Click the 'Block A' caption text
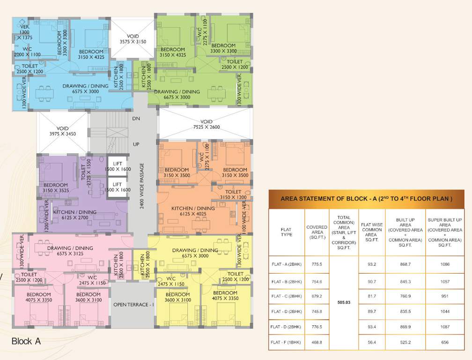coord(26,341)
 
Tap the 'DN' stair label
coord(136,119)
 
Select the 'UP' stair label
coord(136,144)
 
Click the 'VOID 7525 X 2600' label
coord(206,125)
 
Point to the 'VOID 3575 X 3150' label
coord(133,39)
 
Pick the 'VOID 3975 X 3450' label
coord(62,131)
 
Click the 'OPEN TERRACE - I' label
coord(133,305)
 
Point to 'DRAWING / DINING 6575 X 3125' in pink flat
coord(70,251)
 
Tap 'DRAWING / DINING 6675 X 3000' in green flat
coord(177,94)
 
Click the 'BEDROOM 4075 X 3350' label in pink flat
coord(33,297)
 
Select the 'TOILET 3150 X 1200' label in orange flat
coord(233,195)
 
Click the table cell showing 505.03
coord(344,303)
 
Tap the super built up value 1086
coord(445,264)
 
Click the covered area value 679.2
coord(317,296)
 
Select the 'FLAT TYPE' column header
coord(286,232)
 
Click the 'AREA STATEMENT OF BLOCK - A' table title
coord(366,199)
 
